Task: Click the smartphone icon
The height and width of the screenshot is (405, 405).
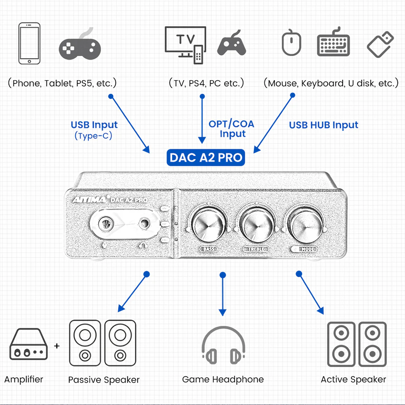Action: click(30, 44)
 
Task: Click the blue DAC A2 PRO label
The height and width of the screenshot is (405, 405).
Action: click(206, 157)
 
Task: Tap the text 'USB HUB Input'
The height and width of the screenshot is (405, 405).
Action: click(324, 125)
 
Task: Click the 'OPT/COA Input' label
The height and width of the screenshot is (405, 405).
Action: click(232, 129)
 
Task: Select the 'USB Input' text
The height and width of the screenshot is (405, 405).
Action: click(94, 125)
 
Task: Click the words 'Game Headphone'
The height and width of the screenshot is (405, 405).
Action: click(223, 379)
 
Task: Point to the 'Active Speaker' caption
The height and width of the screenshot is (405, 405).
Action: click(353, 379)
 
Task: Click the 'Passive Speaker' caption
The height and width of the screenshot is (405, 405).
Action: click(104, 380)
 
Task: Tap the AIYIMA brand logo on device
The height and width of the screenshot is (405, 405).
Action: click(86, 199)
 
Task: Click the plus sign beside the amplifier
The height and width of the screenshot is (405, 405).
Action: click(57, 346)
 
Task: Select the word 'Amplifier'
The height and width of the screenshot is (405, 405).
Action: click(24, 379)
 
